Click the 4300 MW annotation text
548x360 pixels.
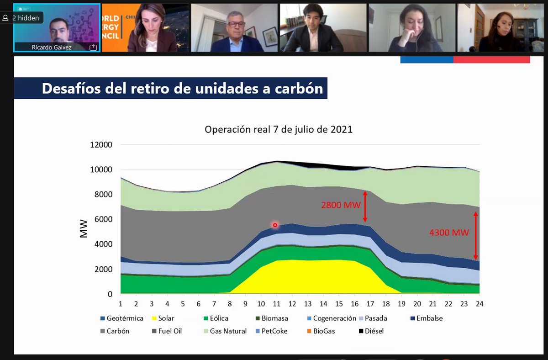click(449, 233)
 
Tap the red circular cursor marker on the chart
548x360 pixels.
click(275, 225)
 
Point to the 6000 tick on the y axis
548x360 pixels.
click(104, 219)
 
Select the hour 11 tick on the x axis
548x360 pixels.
click(275, 304)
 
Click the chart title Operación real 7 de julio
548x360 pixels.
click(279, 129)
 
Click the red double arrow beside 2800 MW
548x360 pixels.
click(365, 206)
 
